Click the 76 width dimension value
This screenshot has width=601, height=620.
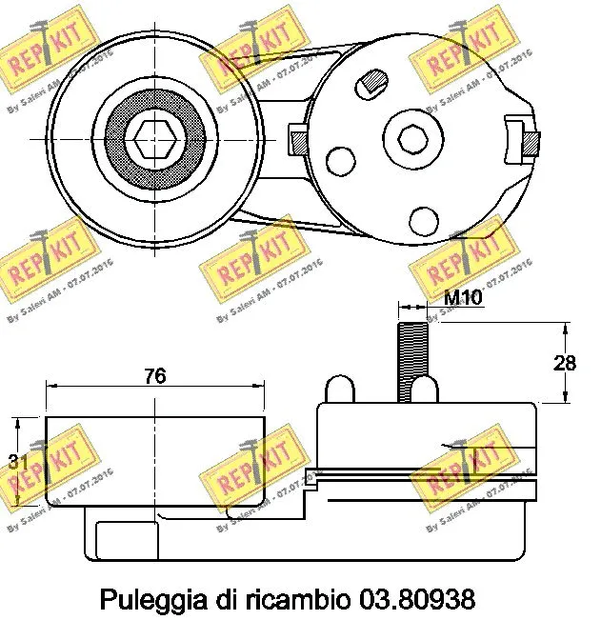point(155,376)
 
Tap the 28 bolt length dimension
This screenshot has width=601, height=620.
point(566,363)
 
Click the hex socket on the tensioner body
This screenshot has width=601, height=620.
point(413,139)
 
